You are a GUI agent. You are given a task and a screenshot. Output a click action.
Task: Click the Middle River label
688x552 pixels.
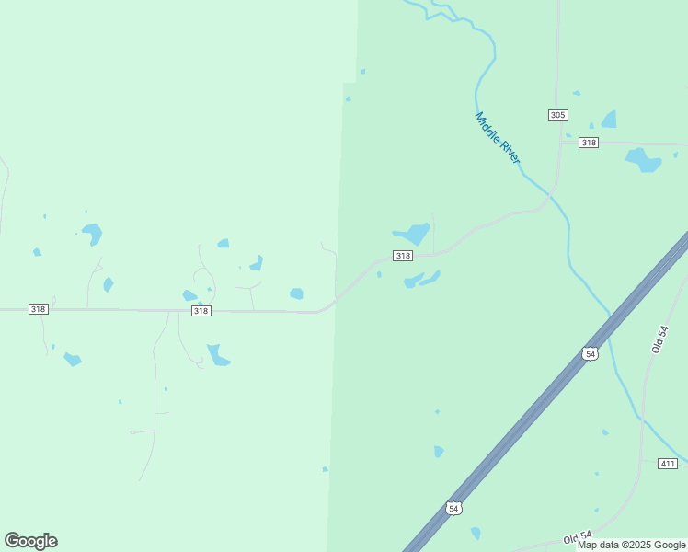[498, 138]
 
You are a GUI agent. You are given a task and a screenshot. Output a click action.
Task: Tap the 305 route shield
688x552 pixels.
[557, 115]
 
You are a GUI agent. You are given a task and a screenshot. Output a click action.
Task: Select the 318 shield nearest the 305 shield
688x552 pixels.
[589, 143]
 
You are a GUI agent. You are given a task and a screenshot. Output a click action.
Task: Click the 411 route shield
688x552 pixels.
[668, 463]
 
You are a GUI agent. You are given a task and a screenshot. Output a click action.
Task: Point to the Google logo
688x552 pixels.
[30, 541]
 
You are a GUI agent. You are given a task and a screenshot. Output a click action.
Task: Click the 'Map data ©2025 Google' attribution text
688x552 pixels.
[631, 545]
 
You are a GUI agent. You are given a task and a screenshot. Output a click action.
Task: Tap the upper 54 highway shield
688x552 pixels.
[590, 353]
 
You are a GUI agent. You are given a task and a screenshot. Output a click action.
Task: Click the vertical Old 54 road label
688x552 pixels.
[658, 339]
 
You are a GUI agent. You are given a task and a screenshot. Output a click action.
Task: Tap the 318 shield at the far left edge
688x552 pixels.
[38, 309]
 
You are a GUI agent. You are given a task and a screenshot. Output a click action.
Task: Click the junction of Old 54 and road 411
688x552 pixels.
[641, 459]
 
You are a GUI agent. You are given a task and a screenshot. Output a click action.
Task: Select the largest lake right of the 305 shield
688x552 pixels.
[609, 120]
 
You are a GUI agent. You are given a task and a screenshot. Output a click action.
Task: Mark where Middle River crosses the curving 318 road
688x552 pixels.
[550, 194]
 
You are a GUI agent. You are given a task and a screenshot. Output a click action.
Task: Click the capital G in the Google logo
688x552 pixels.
[12, 541]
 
